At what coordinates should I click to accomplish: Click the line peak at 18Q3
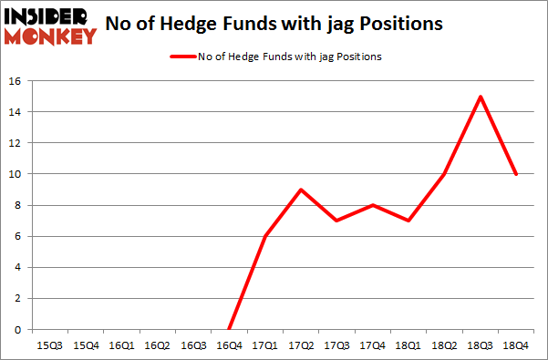[x=480, y=97]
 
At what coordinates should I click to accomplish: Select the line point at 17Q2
[x=301, y=190]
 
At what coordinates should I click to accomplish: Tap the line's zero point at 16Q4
[x=229, y=329]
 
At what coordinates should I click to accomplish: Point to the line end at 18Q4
[x=516, y=174]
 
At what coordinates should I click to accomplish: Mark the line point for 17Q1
[x=265, y=236]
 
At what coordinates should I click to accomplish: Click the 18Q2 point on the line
[x=444, y=174]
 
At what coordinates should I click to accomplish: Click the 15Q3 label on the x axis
[x=49, y=345]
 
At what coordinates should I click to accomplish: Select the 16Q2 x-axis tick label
[x=157, y=345]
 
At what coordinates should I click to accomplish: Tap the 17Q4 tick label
[x=372, y=345]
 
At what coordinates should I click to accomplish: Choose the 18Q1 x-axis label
[x=408, y=345]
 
